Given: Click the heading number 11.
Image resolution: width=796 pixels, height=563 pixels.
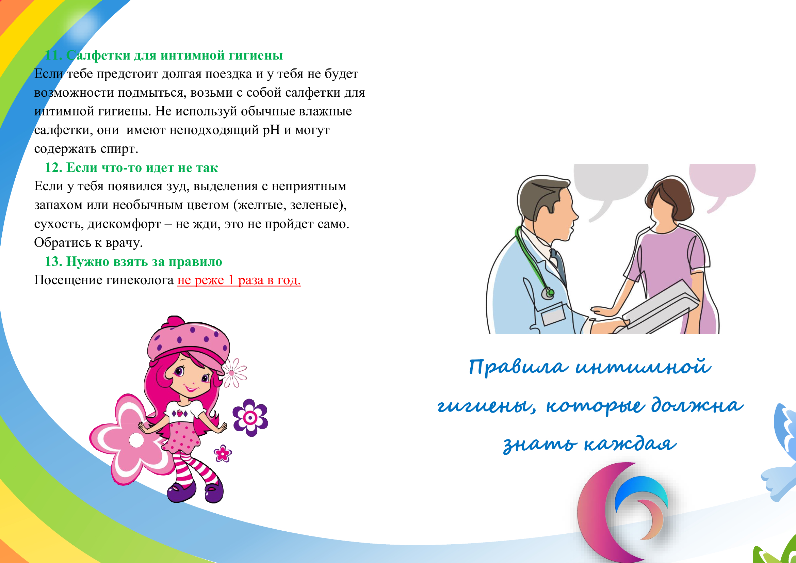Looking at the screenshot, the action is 53,55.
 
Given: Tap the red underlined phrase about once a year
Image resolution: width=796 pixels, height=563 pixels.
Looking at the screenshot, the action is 239,280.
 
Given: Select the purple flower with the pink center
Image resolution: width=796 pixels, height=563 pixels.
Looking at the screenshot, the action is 250,418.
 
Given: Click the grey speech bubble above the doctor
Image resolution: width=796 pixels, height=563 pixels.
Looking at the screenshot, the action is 610,187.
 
